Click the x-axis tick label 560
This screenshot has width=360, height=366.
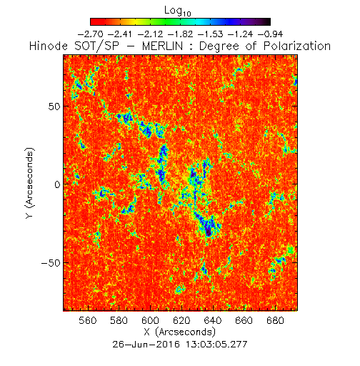[88, 320]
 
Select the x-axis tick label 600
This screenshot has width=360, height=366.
[150, 320]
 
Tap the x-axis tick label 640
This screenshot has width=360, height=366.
[213, 320]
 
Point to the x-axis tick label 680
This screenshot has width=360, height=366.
[275, 320]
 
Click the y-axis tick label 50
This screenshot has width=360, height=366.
[54, 107]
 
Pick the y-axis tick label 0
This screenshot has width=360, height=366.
[57, 184]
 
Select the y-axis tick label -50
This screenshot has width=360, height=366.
[51, 263]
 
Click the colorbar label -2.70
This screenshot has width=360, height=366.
[91, 34]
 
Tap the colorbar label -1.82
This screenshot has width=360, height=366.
[180, 34]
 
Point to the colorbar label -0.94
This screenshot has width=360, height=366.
[270, 34]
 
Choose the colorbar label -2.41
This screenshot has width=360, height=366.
[119, 34]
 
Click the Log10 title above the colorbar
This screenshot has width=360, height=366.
[178, 11]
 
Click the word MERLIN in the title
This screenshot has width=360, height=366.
[162, 46]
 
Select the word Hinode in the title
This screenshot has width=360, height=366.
[49, 46]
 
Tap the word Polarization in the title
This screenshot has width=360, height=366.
[297, 46]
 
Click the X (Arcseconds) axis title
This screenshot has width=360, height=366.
[180, 332]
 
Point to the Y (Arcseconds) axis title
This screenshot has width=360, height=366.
[30, 183]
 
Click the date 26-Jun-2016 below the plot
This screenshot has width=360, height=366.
[146, 345]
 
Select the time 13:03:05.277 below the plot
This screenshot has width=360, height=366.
[216, 345]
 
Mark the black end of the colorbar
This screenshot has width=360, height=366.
[267, 21]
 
